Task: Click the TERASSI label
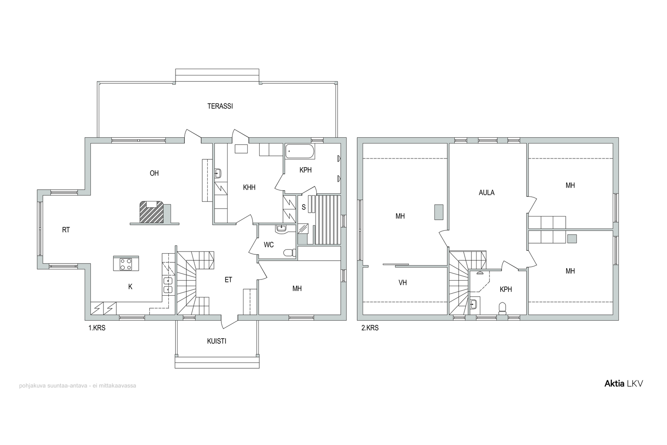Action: pyautogui.click(x=220, y=106)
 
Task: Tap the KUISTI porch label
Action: pyautogui.click(x=216, y=341)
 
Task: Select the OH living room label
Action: pyautogui.click(x=154, y=173)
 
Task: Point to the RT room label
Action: pyautogui.click(x=66, y=230)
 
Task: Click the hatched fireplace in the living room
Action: pyautogui.click(x=152, y=212)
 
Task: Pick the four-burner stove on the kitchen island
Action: pyautogui.click(x=125, y=264)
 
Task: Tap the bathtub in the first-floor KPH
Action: pyautogui.click(x=300, y=151)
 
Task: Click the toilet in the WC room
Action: pyautogui.click(x=289, y=253)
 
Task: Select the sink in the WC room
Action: pyautogui.click(x=281, y=229)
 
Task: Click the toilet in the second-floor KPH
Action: pyautogui.click(x=502, y=308)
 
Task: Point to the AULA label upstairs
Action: pyautogui.click(x=486, y=193)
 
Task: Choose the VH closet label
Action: pyautogui.click(x=403, y=282)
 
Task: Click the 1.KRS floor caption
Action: pyautogui.click(x=97, y=328)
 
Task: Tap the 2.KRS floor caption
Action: pyautogui.click(x=370, y=328)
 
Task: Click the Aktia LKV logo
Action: pyautogui.click(x=624, y=384)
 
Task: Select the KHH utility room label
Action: pyautogui.click(x=249, y=187)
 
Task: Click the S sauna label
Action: pyautogui.click(x=304, y=207)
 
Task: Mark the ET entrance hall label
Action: pyautogui.click(x=228, y=280)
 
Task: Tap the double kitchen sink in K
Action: pyautogui.click(x=168, y=285)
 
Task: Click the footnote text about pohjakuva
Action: pyautogui.click(x=78, y=385)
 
